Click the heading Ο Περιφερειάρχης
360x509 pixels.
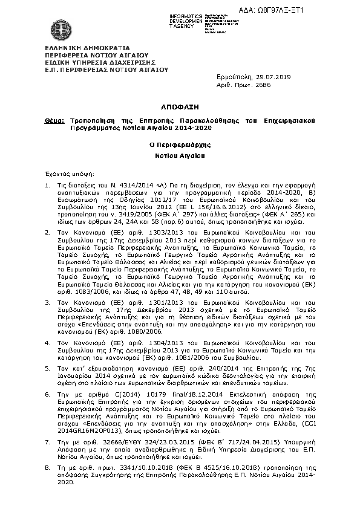(180, 145)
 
